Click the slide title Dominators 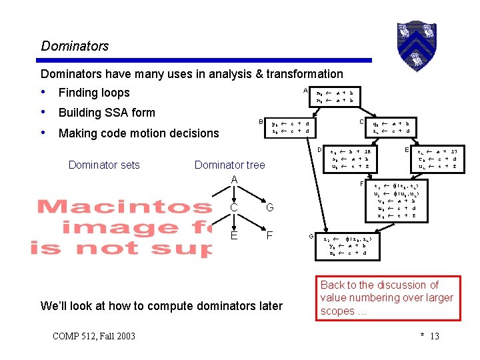tap(75, 46)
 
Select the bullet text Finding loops tap(94, 93)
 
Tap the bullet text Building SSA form tap(107, 113)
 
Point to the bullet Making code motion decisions tap(139, 133)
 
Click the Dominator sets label tap(104, 165)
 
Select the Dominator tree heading tap(229, 165)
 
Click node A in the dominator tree tap(234, 180)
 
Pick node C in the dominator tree tap(234, 209)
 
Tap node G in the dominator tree tap(269, 209)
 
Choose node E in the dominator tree tap(234, 235)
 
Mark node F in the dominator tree tap(269, 235)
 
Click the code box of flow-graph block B tap(289, 127)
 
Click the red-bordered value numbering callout tap(387, 298)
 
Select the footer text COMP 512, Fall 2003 tap(93, 335)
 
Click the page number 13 tap(434, 335)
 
